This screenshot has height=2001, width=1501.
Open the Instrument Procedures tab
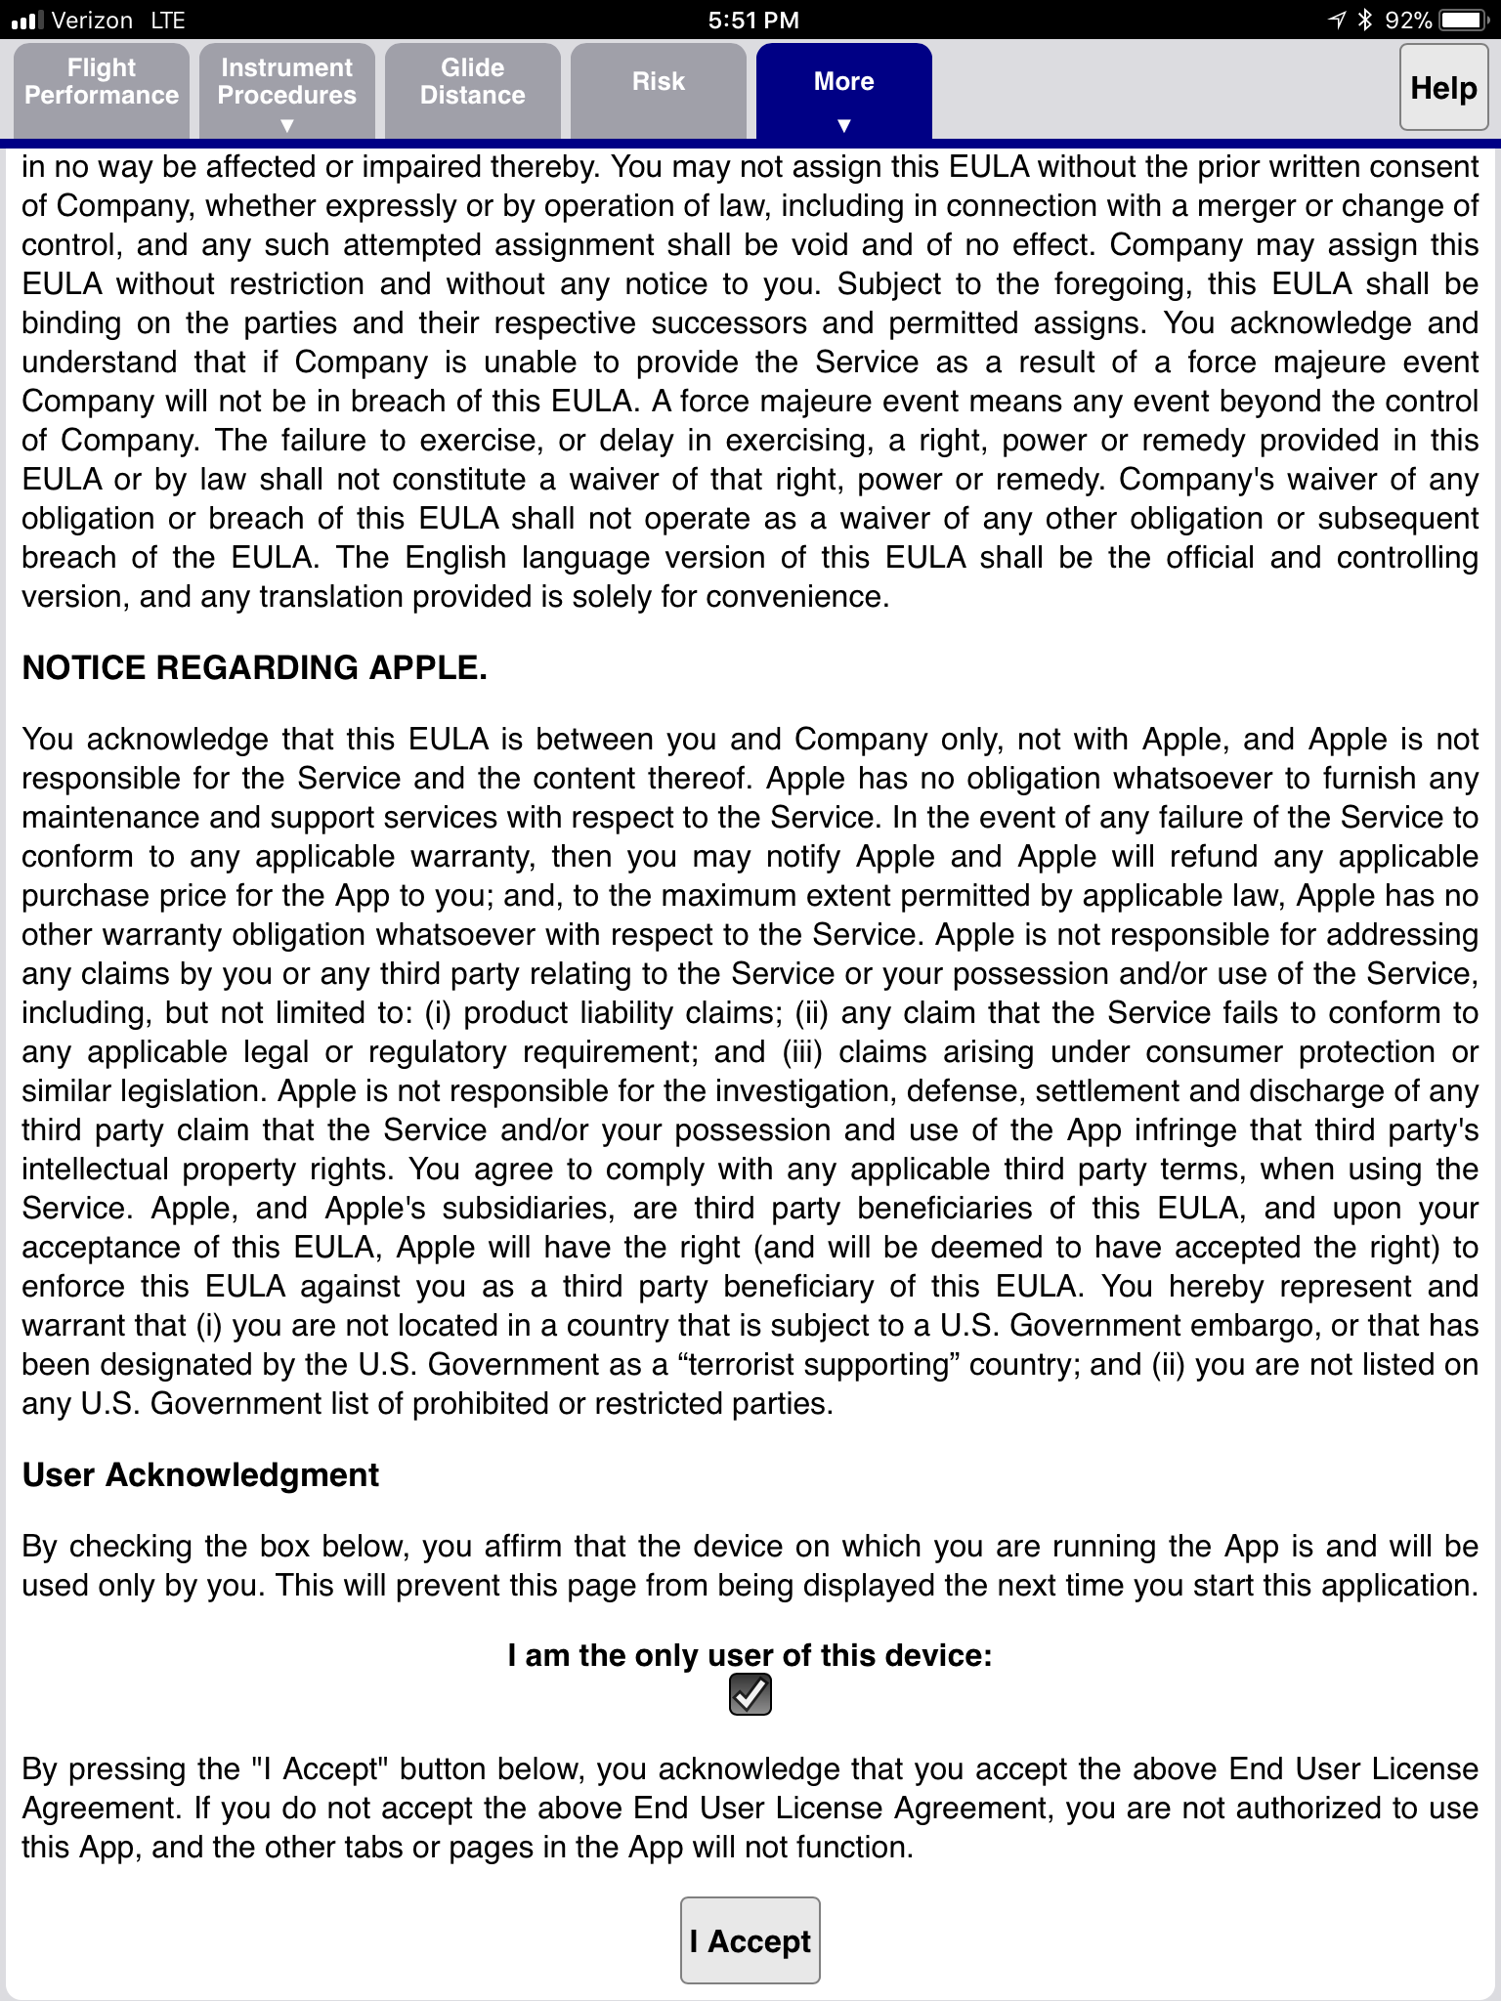[286, 88]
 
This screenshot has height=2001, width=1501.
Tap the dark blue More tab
[843, 88]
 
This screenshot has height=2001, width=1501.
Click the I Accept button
[750, 1940]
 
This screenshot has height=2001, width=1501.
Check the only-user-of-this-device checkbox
[750, 1694]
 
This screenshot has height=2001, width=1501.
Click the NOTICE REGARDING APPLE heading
[254, 667]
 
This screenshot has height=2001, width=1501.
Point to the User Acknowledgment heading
[200, 1474]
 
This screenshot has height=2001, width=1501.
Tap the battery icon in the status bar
[1463, 20]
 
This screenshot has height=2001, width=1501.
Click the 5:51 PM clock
[753, 20]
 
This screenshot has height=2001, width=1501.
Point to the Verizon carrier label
[92, 20]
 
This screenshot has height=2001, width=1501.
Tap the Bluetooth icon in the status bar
[1366, 20]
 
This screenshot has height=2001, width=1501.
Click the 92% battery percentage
[1408, 20]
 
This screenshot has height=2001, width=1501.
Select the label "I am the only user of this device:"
[750, 1655]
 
